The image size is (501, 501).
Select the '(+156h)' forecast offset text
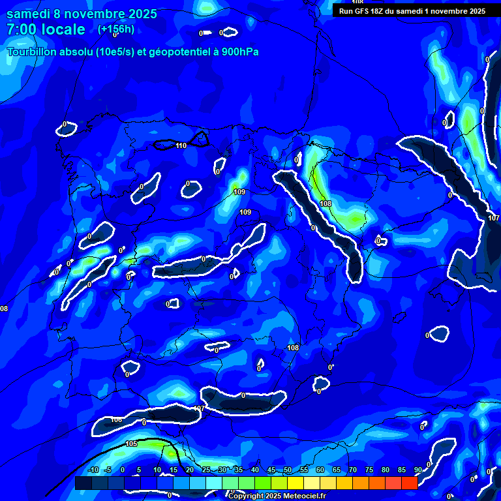click(116, 29)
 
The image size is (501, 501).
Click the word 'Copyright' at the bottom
click(246, 496)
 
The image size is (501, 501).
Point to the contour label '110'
click(181, 145)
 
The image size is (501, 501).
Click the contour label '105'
click(131, 444)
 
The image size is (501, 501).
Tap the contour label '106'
click(116, 419)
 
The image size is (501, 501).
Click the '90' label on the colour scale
click(417, 470)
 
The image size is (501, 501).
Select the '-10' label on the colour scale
click(93, 470)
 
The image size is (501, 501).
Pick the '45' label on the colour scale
click(271, 470)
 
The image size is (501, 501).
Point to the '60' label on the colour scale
click(320, 470)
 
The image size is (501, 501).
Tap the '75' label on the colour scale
click(369, 470)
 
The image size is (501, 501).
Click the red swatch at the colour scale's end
click(409, 483)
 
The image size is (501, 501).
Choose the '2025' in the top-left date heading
click(139, 14)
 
